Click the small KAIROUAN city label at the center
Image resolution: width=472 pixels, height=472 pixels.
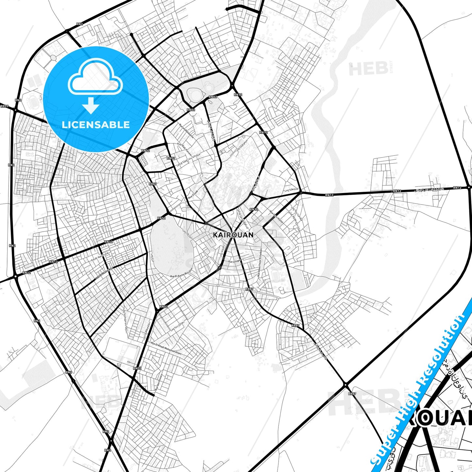tap(233, 235)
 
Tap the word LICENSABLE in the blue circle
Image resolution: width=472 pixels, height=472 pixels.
tap(96, 125)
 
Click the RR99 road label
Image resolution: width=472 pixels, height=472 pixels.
tap(4, 106)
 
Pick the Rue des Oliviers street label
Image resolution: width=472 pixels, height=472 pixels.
tap(159, 382)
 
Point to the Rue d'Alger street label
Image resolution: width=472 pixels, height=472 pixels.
tap(235, 261)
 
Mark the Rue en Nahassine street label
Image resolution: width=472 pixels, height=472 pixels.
tap(187, 131)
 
